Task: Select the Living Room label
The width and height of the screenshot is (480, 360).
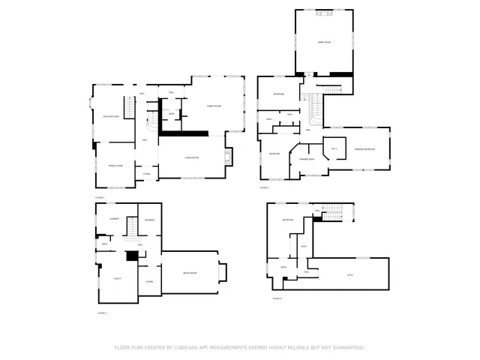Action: click(191, 157)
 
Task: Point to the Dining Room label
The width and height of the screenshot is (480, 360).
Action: click(115, 165)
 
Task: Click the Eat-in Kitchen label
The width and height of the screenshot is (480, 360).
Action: click(111, 117)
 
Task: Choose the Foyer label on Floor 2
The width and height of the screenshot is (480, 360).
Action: click(147, 174)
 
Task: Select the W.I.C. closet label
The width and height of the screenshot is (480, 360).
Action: click(334, 148)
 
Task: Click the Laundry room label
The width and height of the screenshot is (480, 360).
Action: click(114, 218)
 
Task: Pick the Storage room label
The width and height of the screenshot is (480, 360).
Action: click(150, 220)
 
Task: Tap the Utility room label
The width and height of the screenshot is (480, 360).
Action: click(117, 277)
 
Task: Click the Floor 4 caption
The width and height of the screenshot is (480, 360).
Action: click(277, 299)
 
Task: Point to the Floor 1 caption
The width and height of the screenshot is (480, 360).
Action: click(101, 312)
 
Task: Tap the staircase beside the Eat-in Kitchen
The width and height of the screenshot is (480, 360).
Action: click(128, 111)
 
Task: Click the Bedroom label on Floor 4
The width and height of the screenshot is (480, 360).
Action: click(287, 219)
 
